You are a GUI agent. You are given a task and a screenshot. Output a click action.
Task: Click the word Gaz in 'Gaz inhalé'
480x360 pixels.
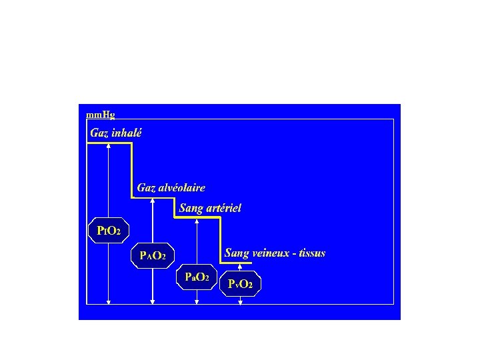coord(99,132)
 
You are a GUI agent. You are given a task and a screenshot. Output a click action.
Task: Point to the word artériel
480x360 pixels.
coord(223,208)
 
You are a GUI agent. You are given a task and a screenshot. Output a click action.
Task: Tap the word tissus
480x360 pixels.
coord(313,253)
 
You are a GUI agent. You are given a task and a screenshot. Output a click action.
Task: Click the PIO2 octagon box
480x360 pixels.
coord(109,231)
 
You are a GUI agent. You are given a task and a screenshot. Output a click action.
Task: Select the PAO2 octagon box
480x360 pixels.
coord(153,255)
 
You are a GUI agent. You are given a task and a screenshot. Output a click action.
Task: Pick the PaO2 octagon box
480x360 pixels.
coord(197,277)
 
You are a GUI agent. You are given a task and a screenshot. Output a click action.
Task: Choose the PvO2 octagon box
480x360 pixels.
coord(240,284)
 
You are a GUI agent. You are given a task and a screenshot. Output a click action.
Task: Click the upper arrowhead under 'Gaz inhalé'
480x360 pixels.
coord(109,145)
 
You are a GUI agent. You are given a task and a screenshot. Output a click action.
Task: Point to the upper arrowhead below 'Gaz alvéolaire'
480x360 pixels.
coord(153,200)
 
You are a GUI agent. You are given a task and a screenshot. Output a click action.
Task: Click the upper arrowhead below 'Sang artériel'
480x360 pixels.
coord(197,219)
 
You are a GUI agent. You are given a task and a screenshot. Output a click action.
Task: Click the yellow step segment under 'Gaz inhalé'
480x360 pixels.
coord(110,141)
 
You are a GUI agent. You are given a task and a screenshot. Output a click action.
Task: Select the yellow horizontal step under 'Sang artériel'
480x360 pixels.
coord(198,216)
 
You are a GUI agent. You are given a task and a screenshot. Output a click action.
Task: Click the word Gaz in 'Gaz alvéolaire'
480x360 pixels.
coord(145,188)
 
